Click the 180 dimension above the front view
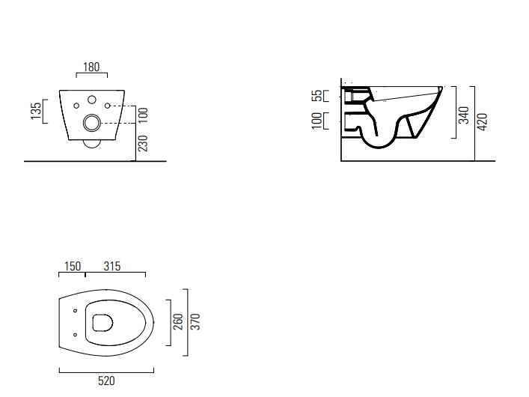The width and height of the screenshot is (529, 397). pyautogui.click(x=91, y=67)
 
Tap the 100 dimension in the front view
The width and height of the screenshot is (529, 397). pyautogui.click(x=142, y=114)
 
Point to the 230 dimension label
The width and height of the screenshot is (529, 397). pyautogui.click(x=142, y=142)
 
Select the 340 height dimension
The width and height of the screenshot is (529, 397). pyautogui.click(x=464, y=115)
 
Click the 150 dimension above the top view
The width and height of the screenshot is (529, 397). pyautogui.click(x=72, y=267)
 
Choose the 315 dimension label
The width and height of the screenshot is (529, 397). pyautogui.click(x=112, y=267)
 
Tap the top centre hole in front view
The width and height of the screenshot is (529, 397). pyautogui.click(x=91, y=98)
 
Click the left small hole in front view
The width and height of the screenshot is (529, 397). pyautogui.click(x=76, y=105)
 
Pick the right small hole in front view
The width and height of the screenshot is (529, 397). pyautogui.click(x=107, y=105)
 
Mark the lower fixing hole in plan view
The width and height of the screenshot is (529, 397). pyautogui.click(x=75, y=334)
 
